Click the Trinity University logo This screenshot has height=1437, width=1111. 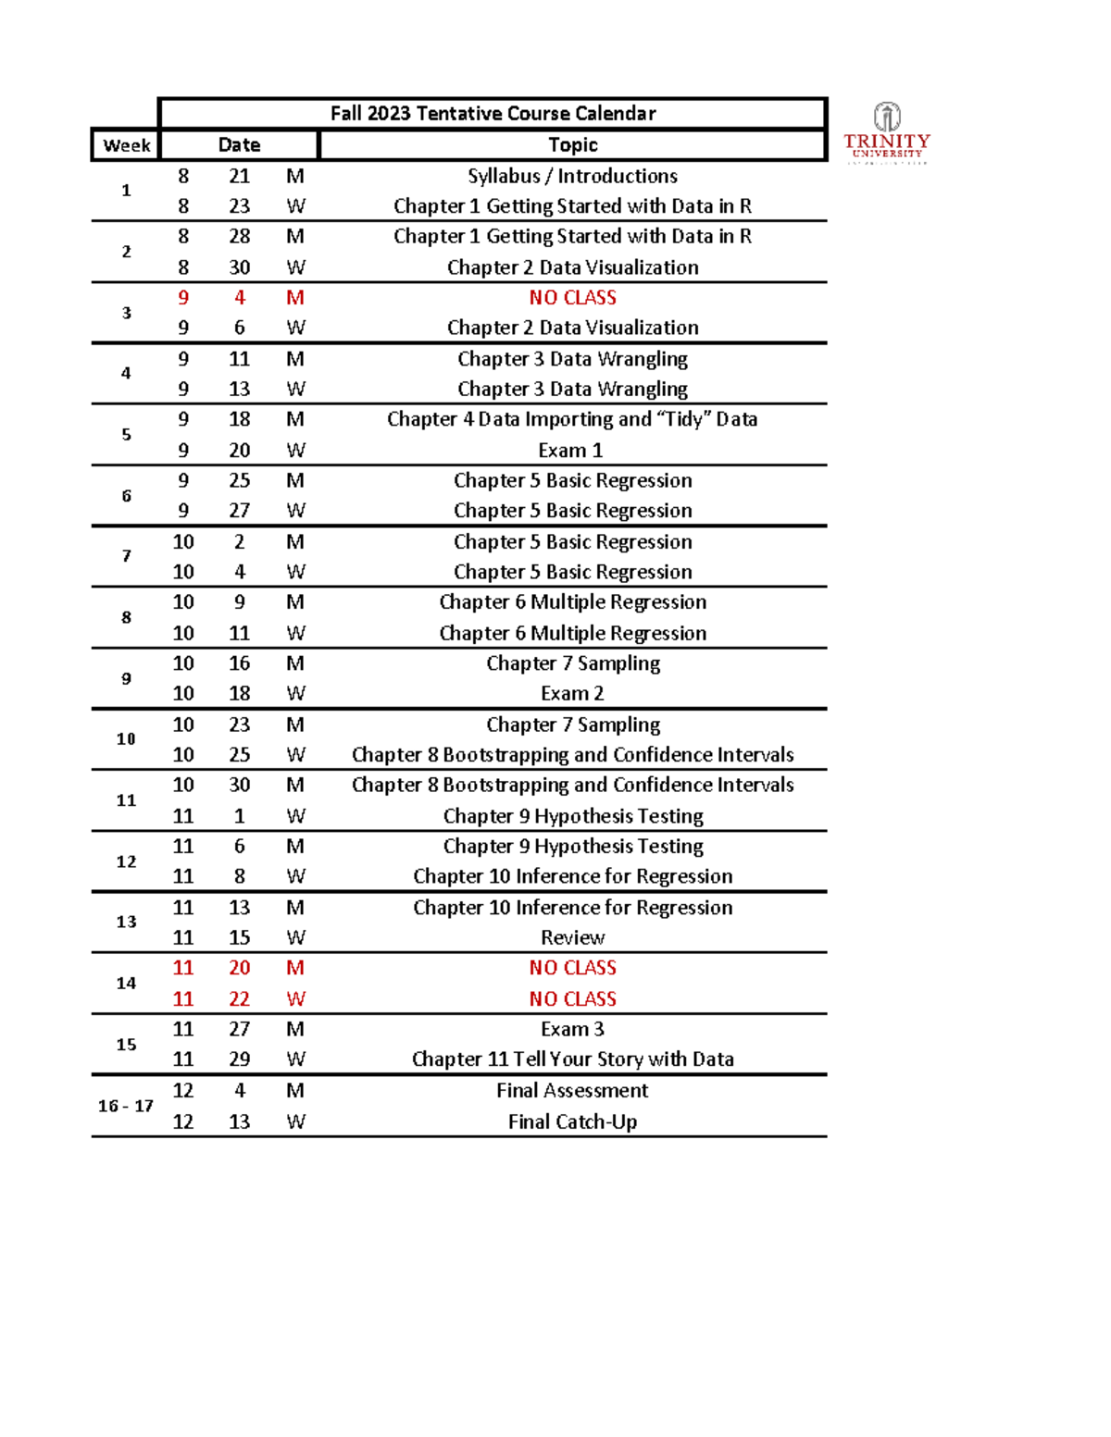886,133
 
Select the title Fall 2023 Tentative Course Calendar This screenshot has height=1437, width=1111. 493,114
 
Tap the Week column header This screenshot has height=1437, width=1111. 127,145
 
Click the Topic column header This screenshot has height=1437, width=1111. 572,145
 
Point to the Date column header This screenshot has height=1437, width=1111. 239,145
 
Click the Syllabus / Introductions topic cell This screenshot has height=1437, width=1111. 572,176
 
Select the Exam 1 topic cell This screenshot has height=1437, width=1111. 570,451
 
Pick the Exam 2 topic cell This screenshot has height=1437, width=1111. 572,694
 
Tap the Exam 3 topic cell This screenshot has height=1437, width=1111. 572,1029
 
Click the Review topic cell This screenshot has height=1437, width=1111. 572,937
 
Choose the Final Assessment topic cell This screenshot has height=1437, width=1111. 572,1091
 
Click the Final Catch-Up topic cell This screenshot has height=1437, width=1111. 572,1121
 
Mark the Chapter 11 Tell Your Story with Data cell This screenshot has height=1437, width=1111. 572,1059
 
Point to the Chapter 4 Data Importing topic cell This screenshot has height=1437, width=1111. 572,420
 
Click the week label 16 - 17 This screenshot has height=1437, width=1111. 126,1106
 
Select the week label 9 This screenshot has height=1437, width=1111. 126,678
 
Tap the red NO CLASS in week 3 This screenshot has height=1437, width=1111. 572,298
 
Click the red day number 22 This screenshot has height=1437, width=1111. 239,999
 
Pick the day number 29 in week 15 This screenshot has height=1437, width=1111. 239,1059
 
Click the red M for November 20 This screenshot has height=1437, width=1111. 295,968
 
